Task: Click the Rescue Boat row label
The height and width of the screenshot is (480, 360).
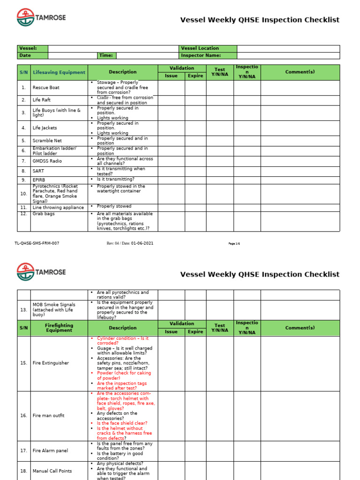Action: [x=46, y=88]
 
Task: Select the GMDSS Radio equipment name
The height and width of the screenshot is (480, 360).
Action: [x=47, y=161]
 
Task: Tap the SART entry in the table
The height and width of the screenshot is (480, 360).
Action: [x=38, y=171]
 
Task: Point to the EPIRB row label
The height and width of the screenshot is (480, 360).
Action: [x=38, y=180]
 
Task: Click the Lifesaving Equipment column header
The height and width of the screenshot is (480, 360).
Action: [x=59, y=72]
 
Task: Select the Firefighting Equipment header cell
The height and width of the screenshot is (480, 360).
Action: [x=59, y=328]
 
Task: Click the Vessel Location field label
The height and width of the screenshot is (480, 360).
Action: [x=200, y=48]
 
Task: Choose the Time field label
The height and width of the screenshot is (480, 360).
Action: [x=106, y=55]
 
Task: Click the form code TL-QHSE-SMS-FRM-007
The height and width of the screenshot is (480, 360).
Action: [x=37, y=243]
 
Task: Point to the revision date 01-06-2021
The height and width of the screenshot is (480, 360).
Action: [x=142, y=243]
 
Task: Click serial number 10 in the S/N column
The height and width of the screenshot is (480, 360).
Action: [x=23, y=194]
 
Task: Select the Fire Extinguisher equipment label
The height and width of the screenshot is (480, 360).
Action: [x=51, y=363]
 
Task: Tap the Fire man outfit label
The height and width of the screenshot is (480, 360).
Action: [x=48, y=416]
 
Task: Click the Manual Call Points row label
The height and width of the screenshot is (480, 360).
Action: [x=52, y=471]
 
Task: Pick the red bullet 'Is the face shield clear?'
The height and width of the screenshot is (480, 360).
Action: [x=122, y=423]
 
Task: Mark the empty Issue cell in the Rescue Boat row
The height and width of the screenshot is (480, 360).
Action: [x=171, y=88]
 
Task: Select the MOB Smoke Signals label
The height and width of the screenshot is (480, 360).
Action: [x=54, y=310]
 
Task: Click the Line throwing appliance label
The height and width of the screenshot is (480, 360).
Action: [x=58, y=208]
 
